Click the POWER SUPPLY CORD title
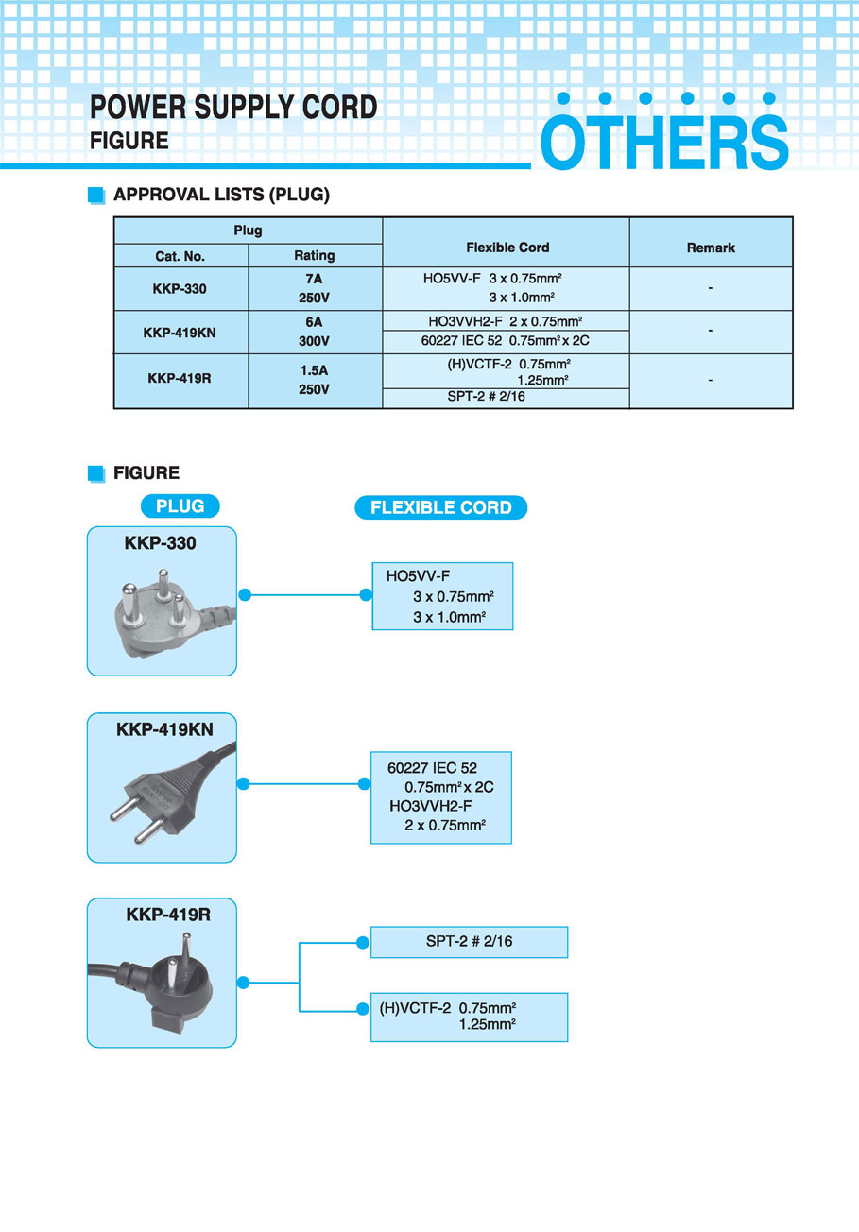click(233, 108)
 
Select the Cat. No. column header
click(180, 256)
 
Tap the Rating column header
click(315, 255)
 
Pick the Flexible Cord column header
click(507, 248)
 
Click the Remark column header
click(711, 248)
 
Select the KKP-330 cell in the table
click(180, 289)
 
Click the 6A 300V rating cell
click(315, 332)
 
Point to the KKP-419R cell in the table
click(180, 379)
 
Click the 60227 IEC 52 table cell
click(507, 340)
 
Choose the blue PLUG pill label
click(180, 506)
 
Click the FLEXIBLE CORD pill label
click(440, 508)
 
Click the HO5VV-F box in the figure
click(442, 596)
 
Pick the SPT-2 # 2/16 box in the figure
click(469, 942)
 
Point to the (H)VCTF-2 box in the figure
click(469, 1017)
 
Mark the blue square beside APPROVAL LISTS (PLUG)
click(95, 196)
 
